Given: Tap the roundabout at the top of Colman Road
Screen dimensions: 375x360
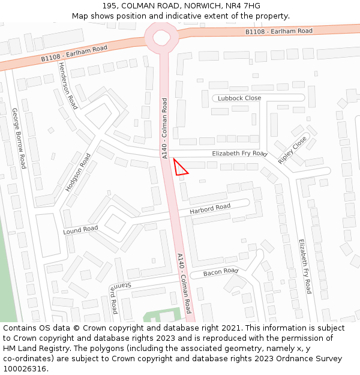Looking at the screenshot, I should point(162,38).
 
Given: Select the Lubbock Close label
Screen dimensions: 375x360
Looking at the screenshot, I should point(239,98).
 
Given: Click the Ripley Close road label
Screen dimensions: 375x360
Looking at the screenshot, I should point(292,150).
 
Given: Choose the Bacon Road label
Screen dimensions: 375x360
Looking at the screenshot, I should point(221,272).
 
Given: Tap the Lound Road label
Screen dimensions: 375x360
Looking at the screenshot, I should point(80,230).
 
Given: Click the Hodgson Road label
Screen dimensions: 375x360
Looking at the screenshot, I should point(78,172).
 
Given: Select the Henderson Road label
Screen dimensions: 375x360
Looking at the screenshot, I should point(68,86).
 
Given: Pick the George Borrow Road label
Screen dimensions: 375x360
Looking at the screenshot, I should point(19,138).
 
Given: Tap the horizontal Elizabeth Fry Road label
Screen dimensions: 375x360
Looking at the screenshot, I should point(239,154).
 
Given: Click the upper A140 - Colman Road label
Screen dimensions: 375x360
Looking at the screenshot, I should point(165,128).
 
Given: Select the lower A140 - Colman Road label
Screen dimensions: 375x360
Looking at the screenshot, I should point(184,283).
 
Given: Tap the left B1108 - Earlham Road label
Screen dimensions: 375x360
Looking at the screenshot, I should point(74,53).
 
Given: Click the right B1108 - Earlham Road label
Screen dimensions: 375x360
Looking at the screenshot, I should point(279,31).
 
